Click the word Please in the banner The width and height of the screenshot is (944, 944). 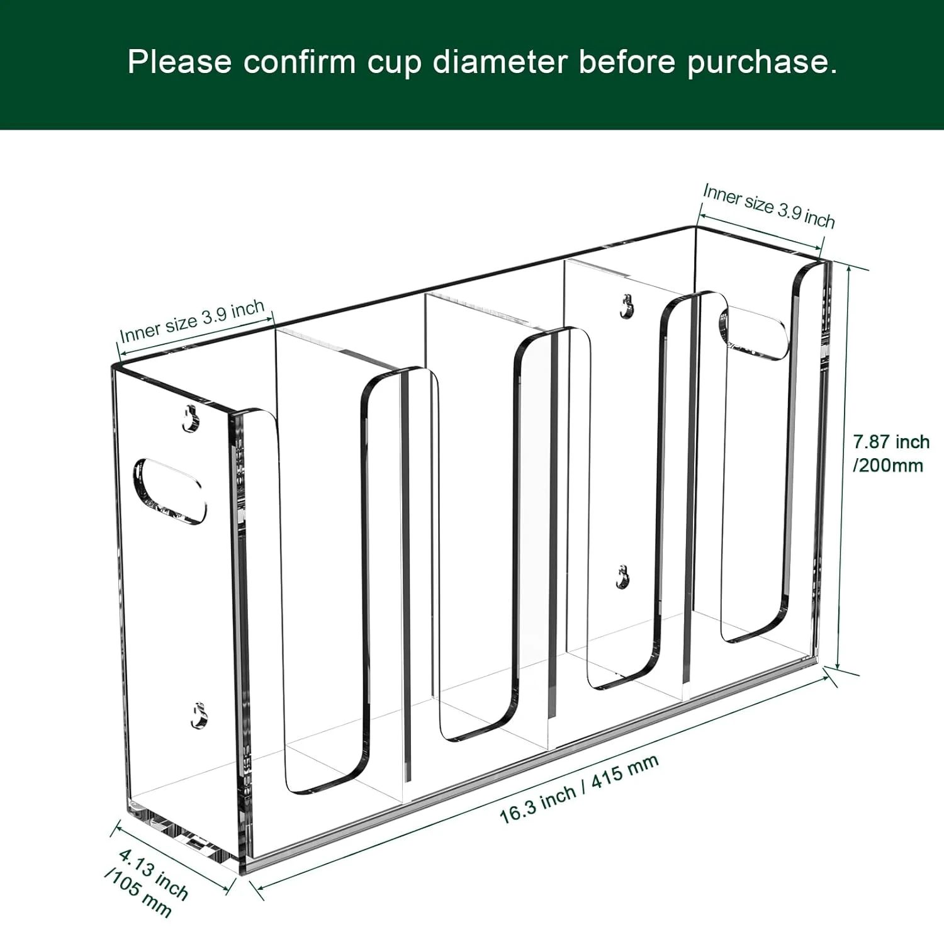(x=179, y=62)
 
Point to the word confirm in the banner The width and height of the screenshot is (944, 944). (x=300, y=62)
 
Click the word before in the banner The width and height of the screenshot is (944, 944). (x=627, y=62)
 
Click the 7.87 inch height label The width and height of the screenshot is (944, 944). (x=891, y=442)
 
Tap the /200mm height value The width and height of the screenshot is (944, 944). (x=888, y=466)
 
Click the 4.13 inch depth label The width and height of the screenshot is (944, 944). (x=154, y=874)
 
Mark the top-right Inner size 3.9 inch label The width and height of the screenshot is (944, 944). (x=768, y=205)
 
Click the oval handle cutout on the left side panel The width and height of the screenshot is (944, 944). (x=169, y=492)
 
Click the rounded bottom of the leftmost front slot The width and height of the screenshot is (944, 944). (x=324, y=780)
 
